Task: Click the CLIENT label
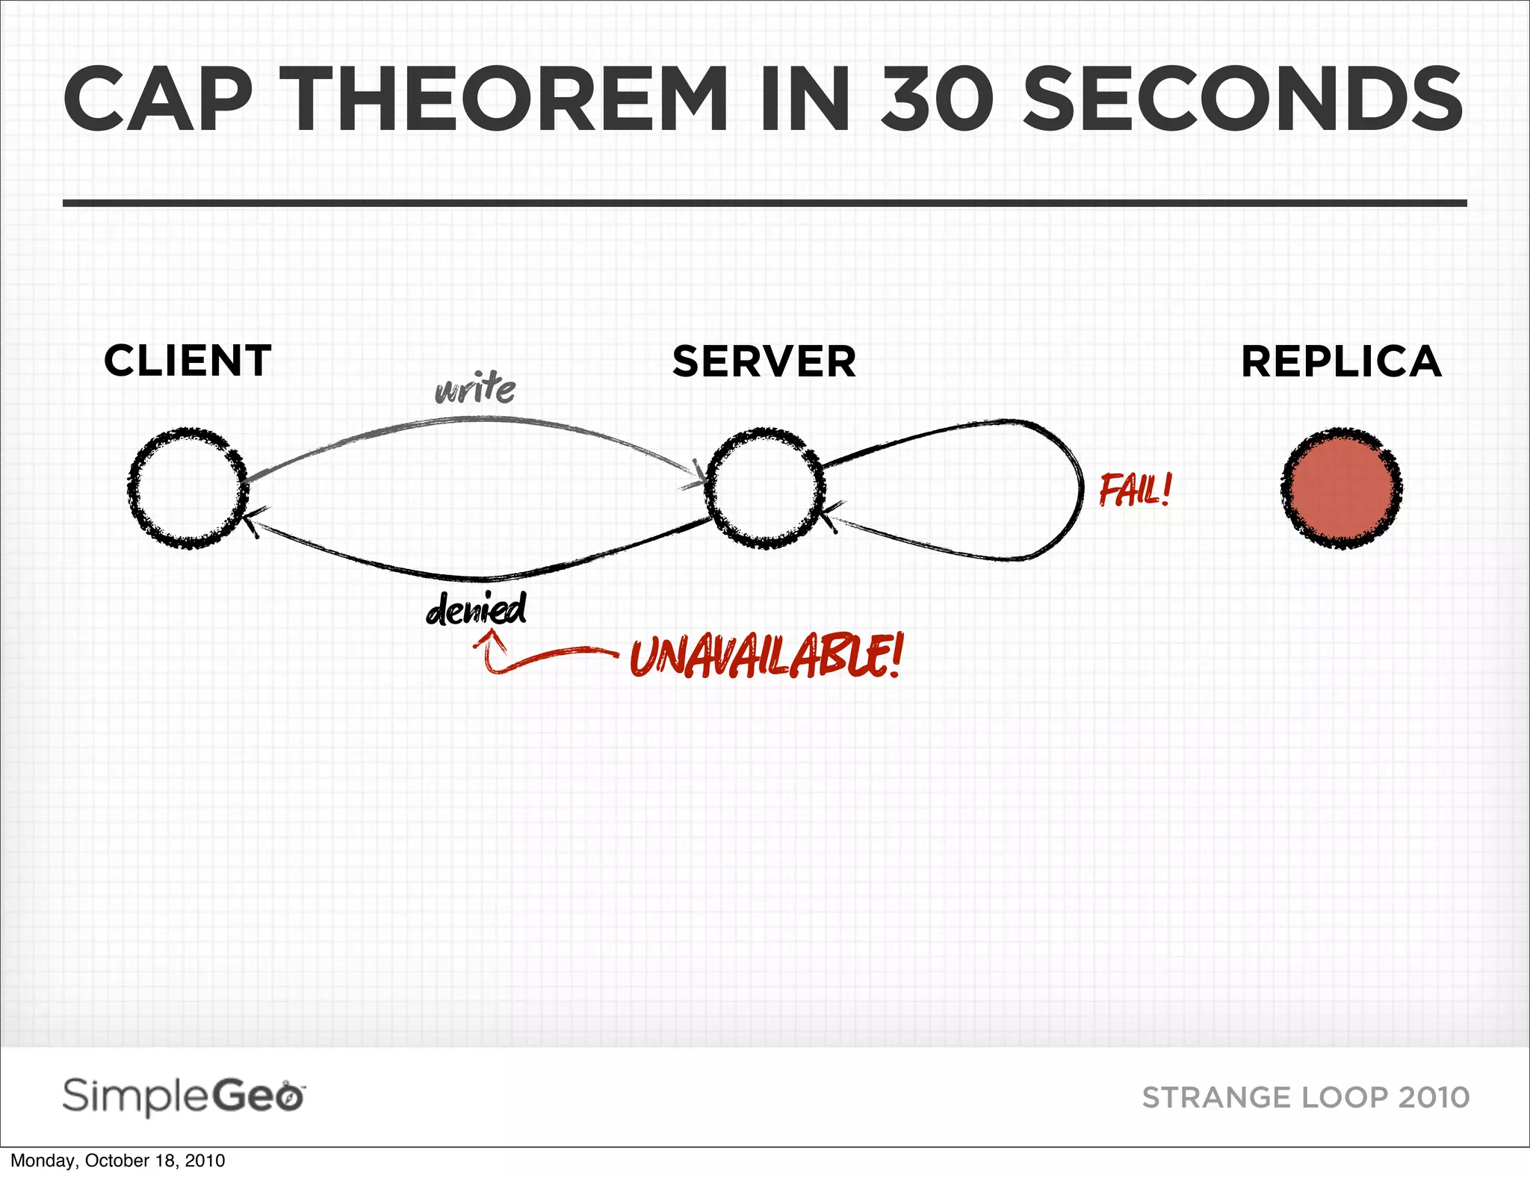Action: point(188,361)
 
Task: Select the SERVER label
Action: point(764,362)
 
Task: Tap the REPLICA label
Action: point(1341,362)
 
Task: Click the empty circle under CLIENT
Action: point(188,488)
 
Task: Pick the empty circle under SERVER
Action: point(764,488)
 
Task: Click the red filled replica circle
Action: point(1341,488)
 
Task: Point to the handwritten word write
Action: point(475,389)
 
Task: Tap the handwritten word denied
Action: point(477,609)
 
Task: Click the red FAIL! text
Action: point(1135,491)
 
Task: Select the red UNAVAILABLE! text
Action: point(766,656)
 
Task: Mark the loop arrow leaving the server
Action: point(1076,485)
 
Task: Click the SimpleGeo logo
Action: point(184,1097)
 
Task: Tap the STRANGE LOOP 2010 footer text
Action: point(1306,1098)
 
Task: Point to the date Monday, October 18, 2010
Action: point(117,1161)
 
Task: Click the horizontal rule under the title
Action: point(764,202)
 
